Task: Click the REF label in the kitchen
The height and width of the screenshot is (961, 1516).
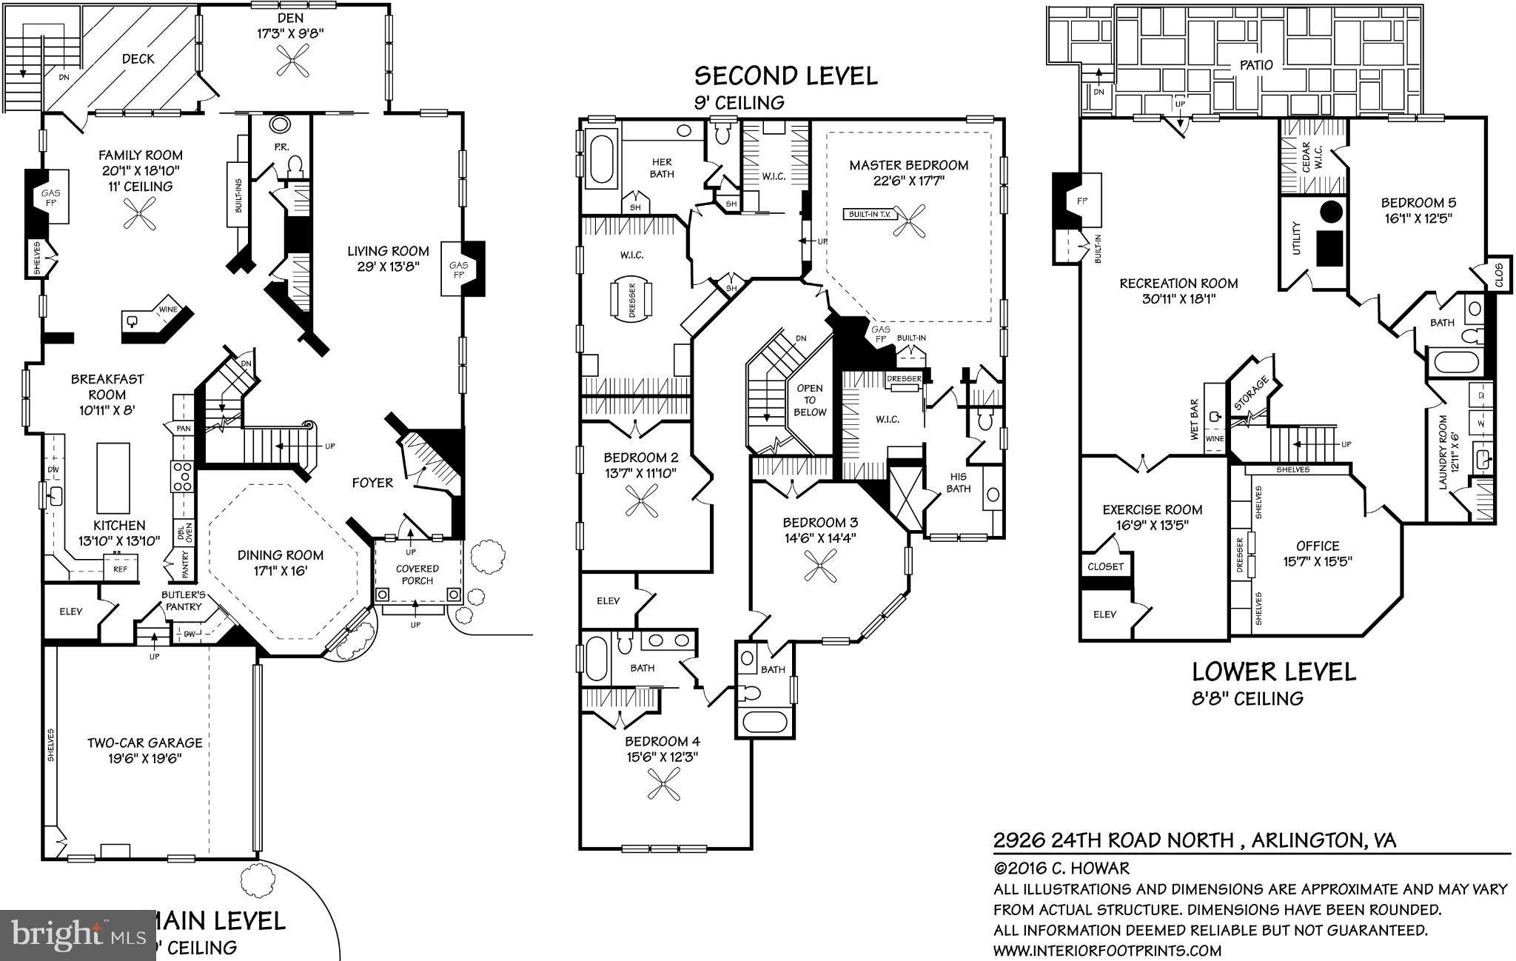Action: click(120, 569)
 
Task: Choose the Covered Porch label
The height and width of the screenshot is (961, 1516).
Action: click(417, 575)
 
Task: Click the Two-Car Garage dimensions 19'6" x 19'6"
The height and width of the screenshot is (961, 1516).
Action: click(144, 759)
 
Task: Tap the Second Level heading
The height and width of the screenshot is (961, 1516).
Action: click(785, 76)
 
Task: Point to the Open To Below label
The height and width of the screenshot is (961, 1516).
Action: click(810, 400)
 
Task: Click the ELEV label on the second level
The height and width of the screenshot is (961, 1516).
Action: click(608, 600)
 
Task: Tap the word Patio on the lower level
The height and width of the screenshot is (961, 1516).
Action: click(1256, 65)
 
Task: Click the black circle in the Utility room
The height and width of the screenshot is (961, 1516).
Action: click(1331, 211)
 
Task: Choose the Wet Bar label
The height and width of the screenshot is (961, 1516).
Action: click(1194, 420)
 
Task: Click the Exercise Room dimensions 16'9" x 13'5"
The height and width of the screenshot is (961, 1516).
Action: click(1152, 526)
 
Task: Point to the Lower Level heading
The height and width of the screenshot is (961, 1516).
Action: click(1273, 672)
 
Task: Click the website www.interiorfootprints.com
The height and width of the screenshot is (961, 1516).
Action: click(1107, 951)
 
